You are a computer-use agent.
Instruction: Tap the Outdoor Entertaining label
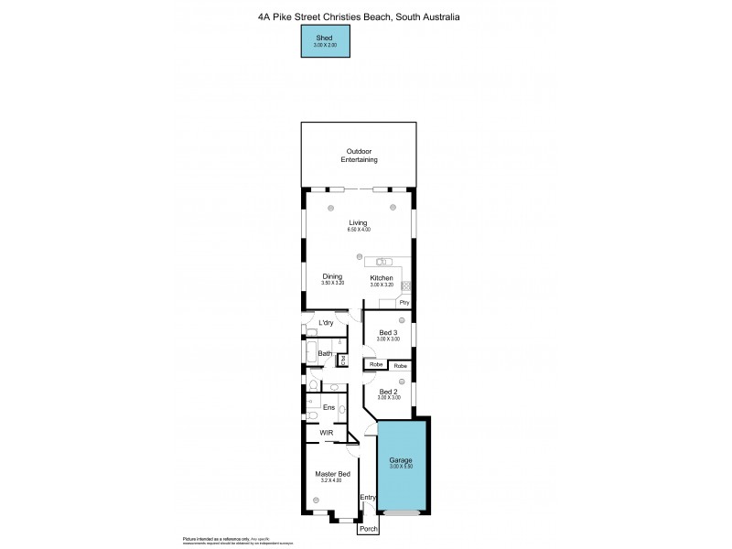coord(360,156)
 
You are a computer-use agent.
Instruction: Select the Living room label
coord(358,222)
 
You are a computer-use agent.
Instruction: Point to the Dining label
coord(331,277)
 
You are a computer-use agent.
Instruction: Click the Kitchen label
coord(382,277)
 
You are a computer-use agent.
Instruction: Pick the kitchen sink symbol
coord(383,262)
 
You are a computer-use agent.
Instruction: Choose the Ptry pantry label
coord(404,302)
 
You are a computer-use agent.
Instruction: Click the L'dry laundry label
coord(326,323)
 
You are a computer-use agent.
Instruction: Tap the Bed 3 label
coord(388,332)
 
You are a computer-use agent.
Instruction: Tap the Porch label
coord(369,529)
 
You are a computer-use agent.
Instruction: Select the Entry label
coord(368,498)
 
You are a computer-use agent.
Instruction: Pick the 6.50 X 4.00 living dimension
coord(358,230)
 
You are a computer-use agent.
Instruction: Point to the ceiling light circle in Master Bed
coord(317,500)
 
